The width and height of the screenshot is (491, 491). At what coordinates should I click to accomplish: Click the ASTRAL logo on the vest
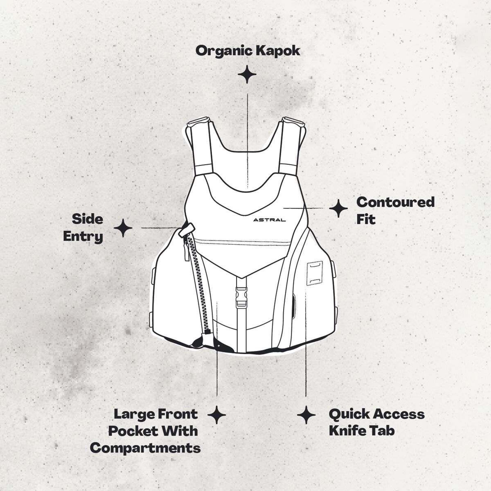pyautogui.click(x=269, y=220)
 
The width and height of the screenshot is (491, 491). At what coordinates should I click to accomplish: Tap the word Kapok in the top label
pyautogui.click(x=278, y=51)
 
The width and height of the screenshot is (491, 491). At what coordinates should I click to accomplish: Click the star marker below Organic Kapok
pyautogui.click(x=247, y=74)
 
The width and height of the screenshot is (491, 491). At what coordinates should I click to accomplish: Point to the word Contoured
pyautogui.click(x=395, y=202)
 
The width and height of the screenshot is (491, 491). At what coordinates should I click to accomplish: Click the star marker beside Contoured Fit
pyautogui.click(x=338, y=208)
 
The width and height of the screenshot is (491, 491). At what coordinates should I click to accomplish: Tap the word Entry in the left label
pyautogui.click(x=83, y=237)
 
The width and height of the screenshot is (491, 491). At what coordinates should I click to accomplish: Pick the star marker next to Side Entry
pyautogui.click(x=123, y=228)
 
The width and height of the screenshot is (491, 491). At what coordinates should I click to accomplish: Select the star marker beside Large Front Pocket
pyautogui.click(x=216, y=415)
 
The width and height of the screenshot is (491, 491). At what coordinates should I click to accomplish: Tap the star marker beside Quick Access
pyautogui.click(x=306, y=415)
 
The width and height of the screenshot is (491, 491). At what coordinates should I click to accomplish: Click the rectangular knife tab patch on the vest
pyautogui.click(x=315, y=273)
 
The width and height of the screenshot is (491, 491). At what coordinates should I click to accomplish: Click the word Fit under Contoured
pyautogui.click(x=366, y=219)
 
